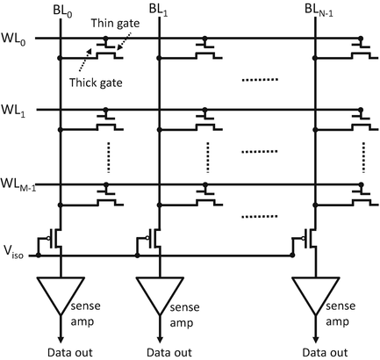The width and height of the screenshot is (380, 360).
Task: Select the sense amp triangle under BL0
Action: pos(60,296)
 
